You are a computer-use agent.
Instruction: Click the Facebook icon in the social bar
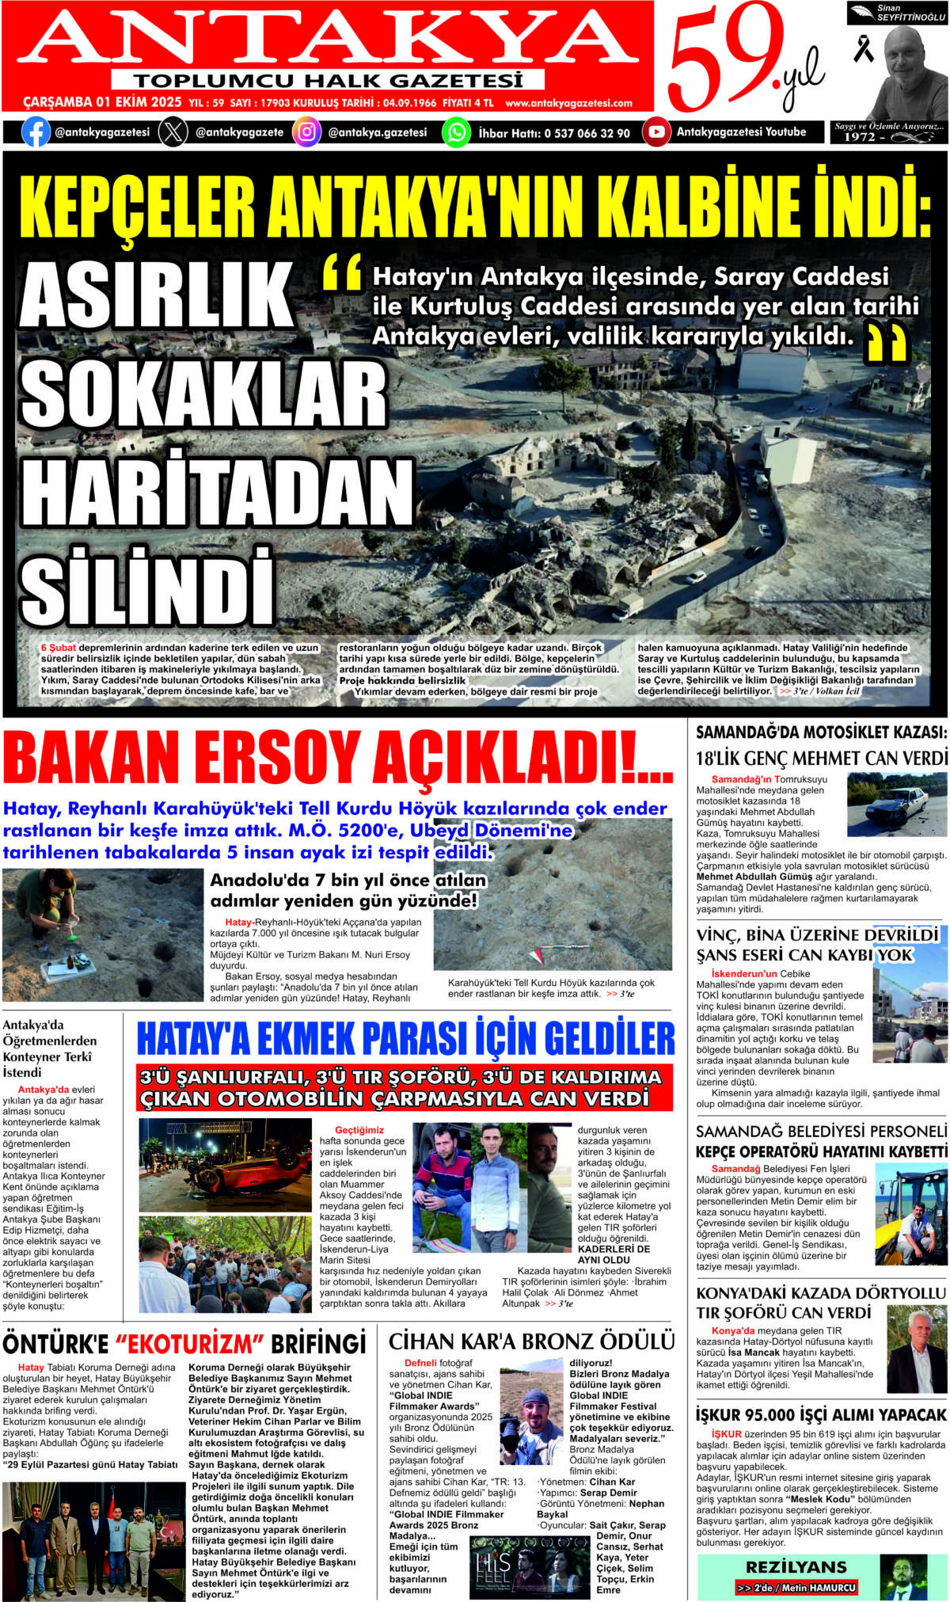pos(36,132)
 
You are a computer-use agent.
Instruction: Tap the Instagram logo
pos(306,132)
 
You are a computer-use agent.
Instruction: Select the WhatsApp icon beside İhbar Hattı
pos(456,132)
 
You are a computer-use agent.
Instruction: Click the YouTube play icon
pos(655,132)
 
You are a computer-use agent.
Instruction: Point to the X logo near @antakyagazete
pos(173,132)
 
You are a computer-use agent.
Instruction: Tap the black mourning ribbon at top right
pos(862,48)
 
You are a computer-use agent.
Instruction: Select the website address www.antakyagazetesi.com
pos(568,103)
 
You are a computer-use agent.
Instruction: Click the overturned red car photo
pos(225,1164)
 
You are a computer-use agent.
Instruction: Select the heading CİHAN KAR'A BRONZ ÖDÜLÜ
pos(531,1341)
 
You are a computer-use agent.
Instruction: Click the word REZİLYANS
pos(796,1567)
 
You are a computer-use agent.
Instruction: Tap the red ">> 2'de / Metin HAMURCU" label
pos(796,1588)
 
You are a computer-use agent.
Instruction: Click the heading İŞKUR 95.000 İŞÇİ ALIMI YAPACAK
pos(821,1414)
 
